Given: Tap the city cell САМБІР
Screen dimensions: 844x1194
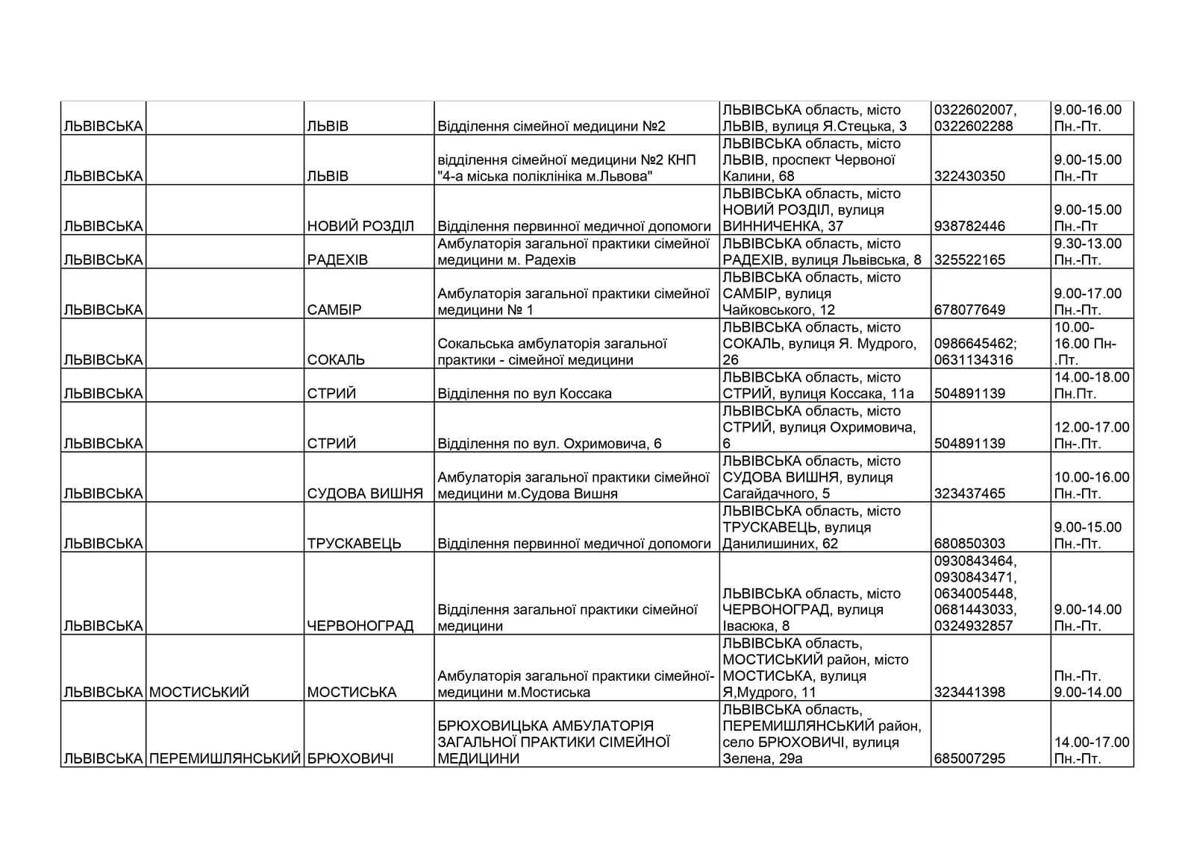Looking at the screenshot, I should (334, 309).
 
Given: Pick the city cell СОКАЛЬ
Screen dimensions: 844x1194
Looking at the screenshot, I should (336, 359).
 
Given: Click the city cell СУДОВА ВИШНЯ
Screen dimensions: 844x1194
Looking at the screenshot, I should (365, 494).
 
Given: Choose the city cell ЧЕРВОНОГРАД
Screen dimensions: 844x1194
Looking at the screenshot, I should (360, 626).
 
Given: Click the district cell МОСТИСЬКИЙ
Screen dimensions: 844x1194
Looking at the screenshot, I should (199, 692).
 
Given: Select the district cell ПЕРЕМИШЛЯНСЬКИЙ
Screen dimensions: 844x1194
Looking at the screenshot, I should (225, 758).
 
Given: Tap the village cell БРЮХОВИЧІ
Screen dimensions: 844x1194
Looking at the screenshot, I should (350, 758).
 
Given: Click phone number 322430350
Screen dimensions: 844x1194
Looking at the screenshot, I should (969, 176).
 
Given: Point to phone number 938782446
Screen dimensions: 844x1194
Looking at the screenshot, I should (969, 226).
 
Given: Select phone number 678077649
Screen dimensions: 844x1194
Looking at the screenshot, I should (969, 309).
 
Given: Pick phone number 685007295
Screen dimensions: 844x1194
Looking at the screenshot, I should (969, 758).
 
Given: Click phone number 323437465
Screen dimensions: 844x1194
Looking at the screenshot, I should (969, 494).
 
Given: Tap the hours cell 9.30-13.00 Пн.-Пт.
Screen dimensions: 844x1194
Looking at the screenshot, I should (1087, 252).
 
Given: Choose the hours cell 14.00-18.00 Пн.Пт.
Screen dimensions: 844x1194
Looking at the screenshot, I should (1091, 385).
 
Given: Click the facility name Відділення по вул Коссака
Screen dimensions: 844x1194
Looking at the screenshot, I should (525, 393).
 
